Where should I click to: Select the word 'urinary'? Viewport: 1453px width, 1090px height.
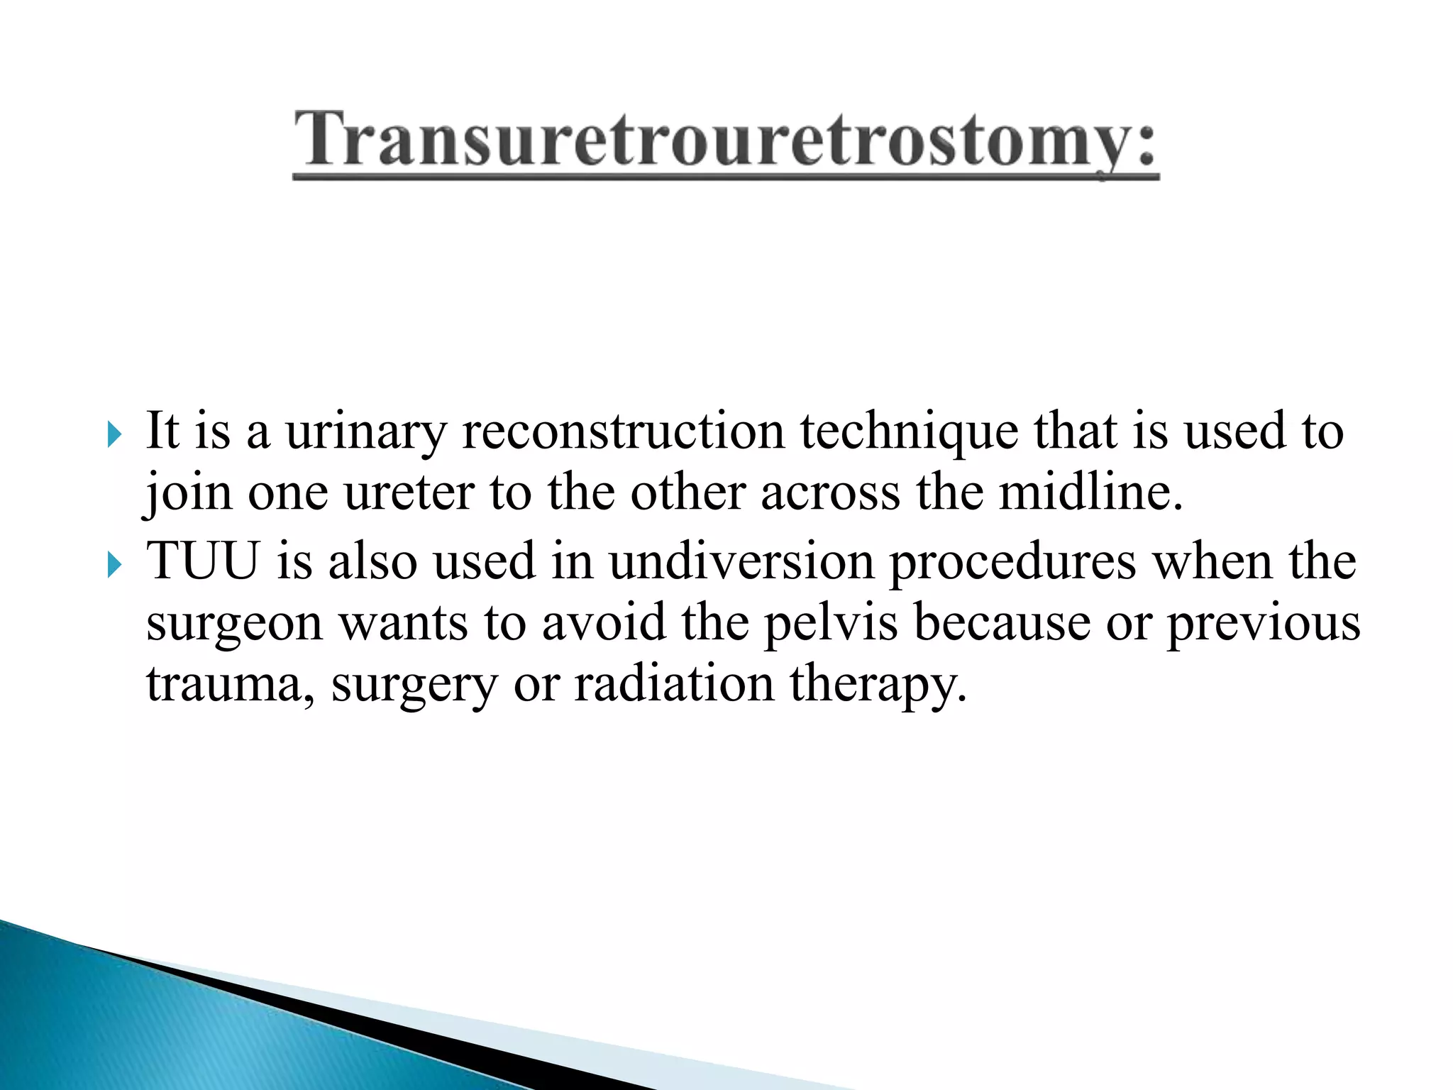pyautogui.click(x=366, y=432)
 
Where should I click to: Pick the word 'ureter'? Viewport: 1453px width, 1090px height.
pyautogui.click(x=409, y=492)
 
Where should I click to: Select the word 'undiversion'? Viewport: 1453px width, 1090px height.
pyautogui.click(x=741, y=561)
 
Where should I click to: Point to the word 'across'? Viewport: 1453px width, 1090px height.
pyautogui.click(x=830, y=492)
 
